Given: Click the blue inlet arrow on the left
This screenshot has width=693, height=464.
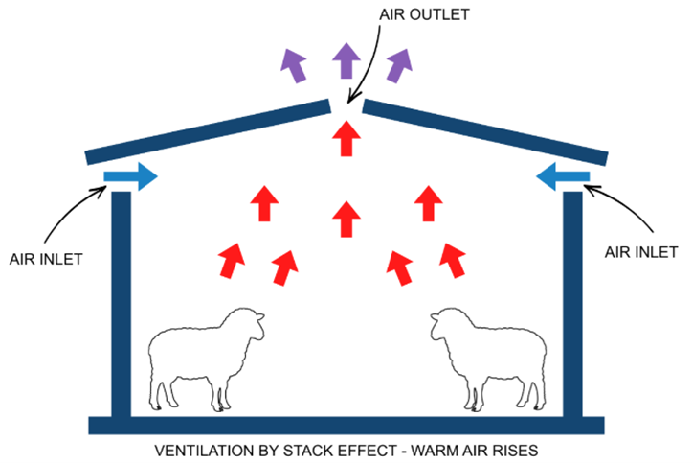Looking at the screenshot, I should (131, 176).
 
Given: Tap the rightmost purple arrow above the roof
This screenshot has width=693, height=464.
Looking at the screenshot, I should (398, 66).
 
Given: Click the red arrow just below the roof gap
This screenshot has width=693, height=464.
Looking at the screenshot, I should (346, 137).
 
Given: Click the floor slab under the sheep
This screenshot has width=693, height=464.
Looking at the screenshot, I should (346, 426).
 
